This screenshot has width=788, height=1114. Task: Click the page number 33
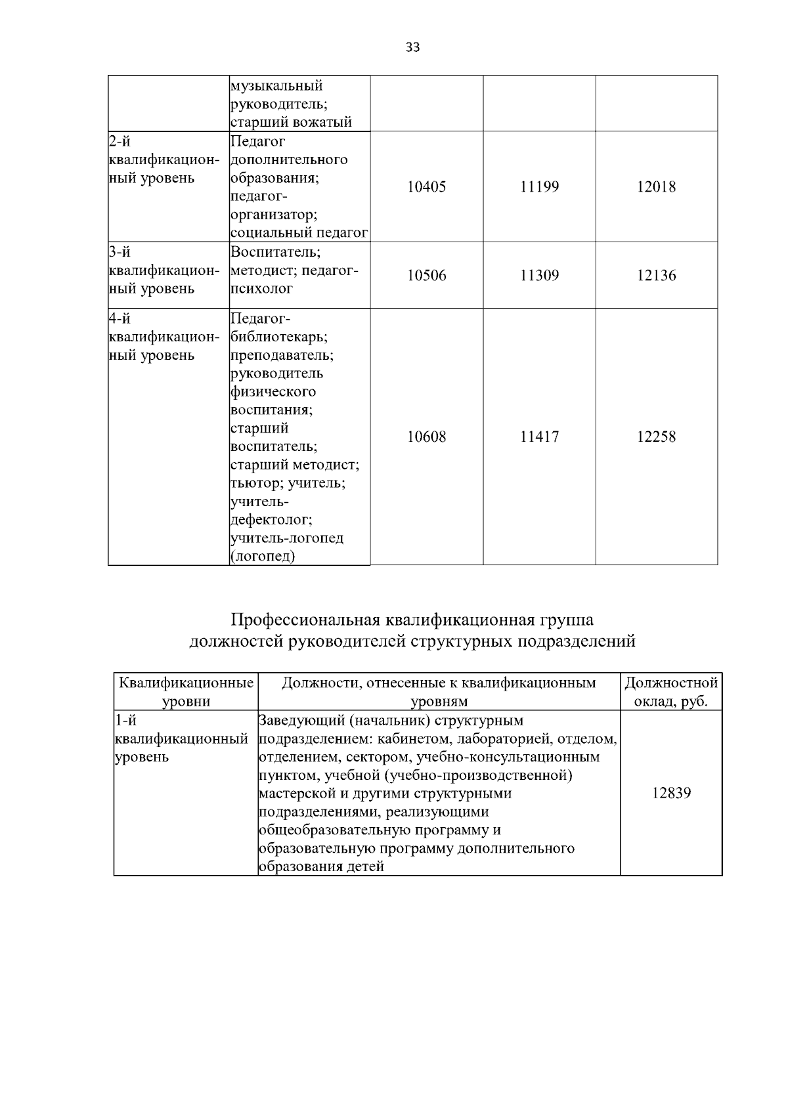click(413, 47)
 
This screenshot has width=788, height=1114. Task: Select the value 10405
click(426, 187)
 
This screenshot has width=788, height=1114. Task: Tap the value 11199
click(539, 187)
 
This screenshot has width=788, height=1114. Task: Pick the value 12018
click(656, 187)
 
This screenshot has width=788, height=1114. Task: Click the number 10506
click(426, 276)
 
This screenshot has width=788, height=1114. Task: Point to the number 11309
click(539, 276)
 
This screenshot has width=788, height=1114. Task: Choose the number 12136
click(656, 276)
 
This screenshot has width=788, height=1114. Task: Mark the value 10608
click(426, 437)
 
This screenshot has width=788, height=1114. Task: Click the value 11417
click(539, 437)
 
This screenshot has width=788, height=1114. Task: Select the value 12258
click(656, 437)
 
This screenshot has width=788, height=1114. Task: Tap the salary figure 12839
click(671, 793)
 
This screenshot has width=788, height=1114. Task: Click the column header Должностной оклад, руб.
click(671, 692)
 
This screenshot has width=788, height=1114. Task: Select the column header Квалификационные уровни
click(186, 692)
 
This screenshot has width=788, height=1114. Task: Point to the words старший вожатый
click(291, 122)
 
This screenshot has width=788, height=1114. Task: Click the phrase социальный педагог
click(299, 233)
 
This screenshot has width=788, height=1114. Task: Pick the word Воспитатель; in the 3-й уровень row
click(274, 252)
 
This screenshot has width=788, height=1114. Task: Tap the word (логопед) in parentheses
click(263, 557)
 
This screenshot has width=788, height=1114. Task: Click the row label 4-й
click(120, 319)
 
